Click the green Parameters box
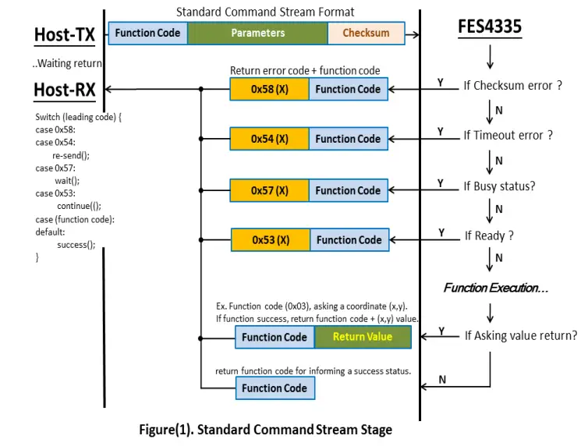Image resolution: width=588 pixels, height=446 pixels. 257,34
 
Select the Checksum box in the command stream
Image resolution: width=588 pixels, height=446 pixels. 366,34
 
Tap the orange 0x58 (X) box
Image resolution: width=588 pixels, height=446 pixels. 269,89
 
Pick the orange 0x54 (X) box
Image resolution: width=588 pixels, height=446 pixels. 269,139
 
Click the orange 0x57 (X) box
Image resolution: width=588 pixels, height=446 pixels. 269,190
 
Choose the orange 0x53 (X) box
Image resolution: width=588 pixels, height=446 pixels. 271,240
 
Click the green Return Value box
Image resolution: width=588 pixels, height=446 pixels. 363,337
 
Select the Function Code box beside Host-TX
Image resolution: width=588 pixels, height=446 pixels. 148,34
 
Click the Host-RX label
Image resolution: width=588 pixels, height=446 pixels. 65,90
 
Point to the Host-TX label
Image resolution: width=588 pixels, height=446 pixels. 65,35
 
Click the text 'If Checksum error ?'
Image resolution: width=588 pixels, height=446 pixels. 512,86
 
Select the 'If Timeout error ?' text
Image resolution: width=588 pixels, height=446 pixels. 508,135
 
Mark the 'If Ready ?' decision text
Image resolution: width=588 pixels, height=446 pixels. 489,235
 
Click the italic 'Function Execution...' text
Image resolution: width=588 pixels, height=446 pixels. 495,288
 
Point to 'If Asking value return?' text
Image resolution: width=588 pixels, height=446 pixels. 520,335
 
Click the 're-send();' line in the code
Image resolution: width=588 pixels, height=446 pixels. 71,155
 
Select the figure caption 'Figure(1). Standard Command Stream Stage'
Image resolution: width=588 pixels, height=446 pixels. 265,430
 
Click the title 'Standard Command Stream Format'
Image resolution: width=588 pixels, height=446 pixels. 265,12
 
